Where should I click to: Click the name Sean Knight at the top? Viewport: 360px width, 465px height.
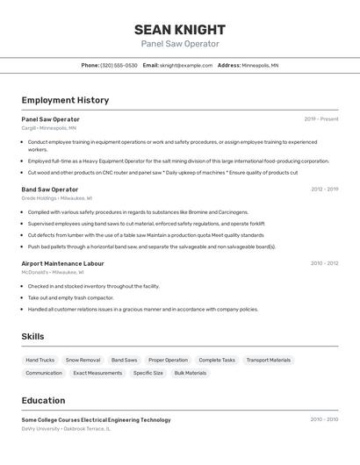tap(180, 29)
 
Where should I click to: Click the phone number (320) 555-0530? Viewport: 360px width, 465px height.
tap(119, 65)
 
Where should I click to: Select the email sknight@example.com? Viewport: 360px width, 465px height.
tap(185, 65)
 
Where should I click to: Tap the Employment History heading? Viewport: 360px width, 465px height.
tap(65, 100)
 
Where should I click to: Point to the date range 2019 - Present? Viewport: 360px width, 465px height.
tap(320, 119)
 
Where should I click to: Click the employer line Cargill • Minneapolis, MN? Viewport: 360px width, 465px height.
tap(48, 128)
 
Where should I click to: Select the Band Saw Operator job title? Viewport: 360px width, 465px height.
tap(50, 190)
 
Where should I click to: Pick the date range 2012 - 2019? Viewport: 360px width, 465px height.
tap(324, 190)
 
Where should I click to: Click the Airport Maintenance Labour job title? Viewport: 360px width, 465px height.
tap(62, 263)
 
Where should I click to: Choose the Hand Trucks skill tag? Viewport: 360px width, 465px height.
tap(40, 360)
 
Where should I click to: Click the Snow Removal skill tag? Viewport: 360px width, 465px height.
tap(83, 360)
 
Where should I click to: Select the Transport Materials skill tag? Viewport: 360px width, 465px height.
tap(268, 360)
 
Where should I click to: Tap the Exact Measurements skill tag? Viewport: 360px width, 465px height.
tap(97, 373)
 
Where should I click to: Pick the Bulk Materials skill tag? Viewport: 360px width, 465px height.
tap(190, 373)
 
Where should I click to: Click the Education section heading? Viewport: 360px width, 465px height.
tap(43, 400)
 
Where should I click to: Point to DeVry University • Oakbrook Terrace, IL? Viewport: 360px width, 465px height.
tap(66, 429)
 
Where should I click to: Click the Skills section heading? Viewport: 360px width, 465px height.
tap(32, 336)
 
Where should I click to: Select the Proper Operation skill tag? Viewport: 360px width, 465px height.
tap(168, 360)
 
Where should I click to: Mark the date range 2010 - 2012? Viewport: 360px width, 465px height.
tap(324, 263)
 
